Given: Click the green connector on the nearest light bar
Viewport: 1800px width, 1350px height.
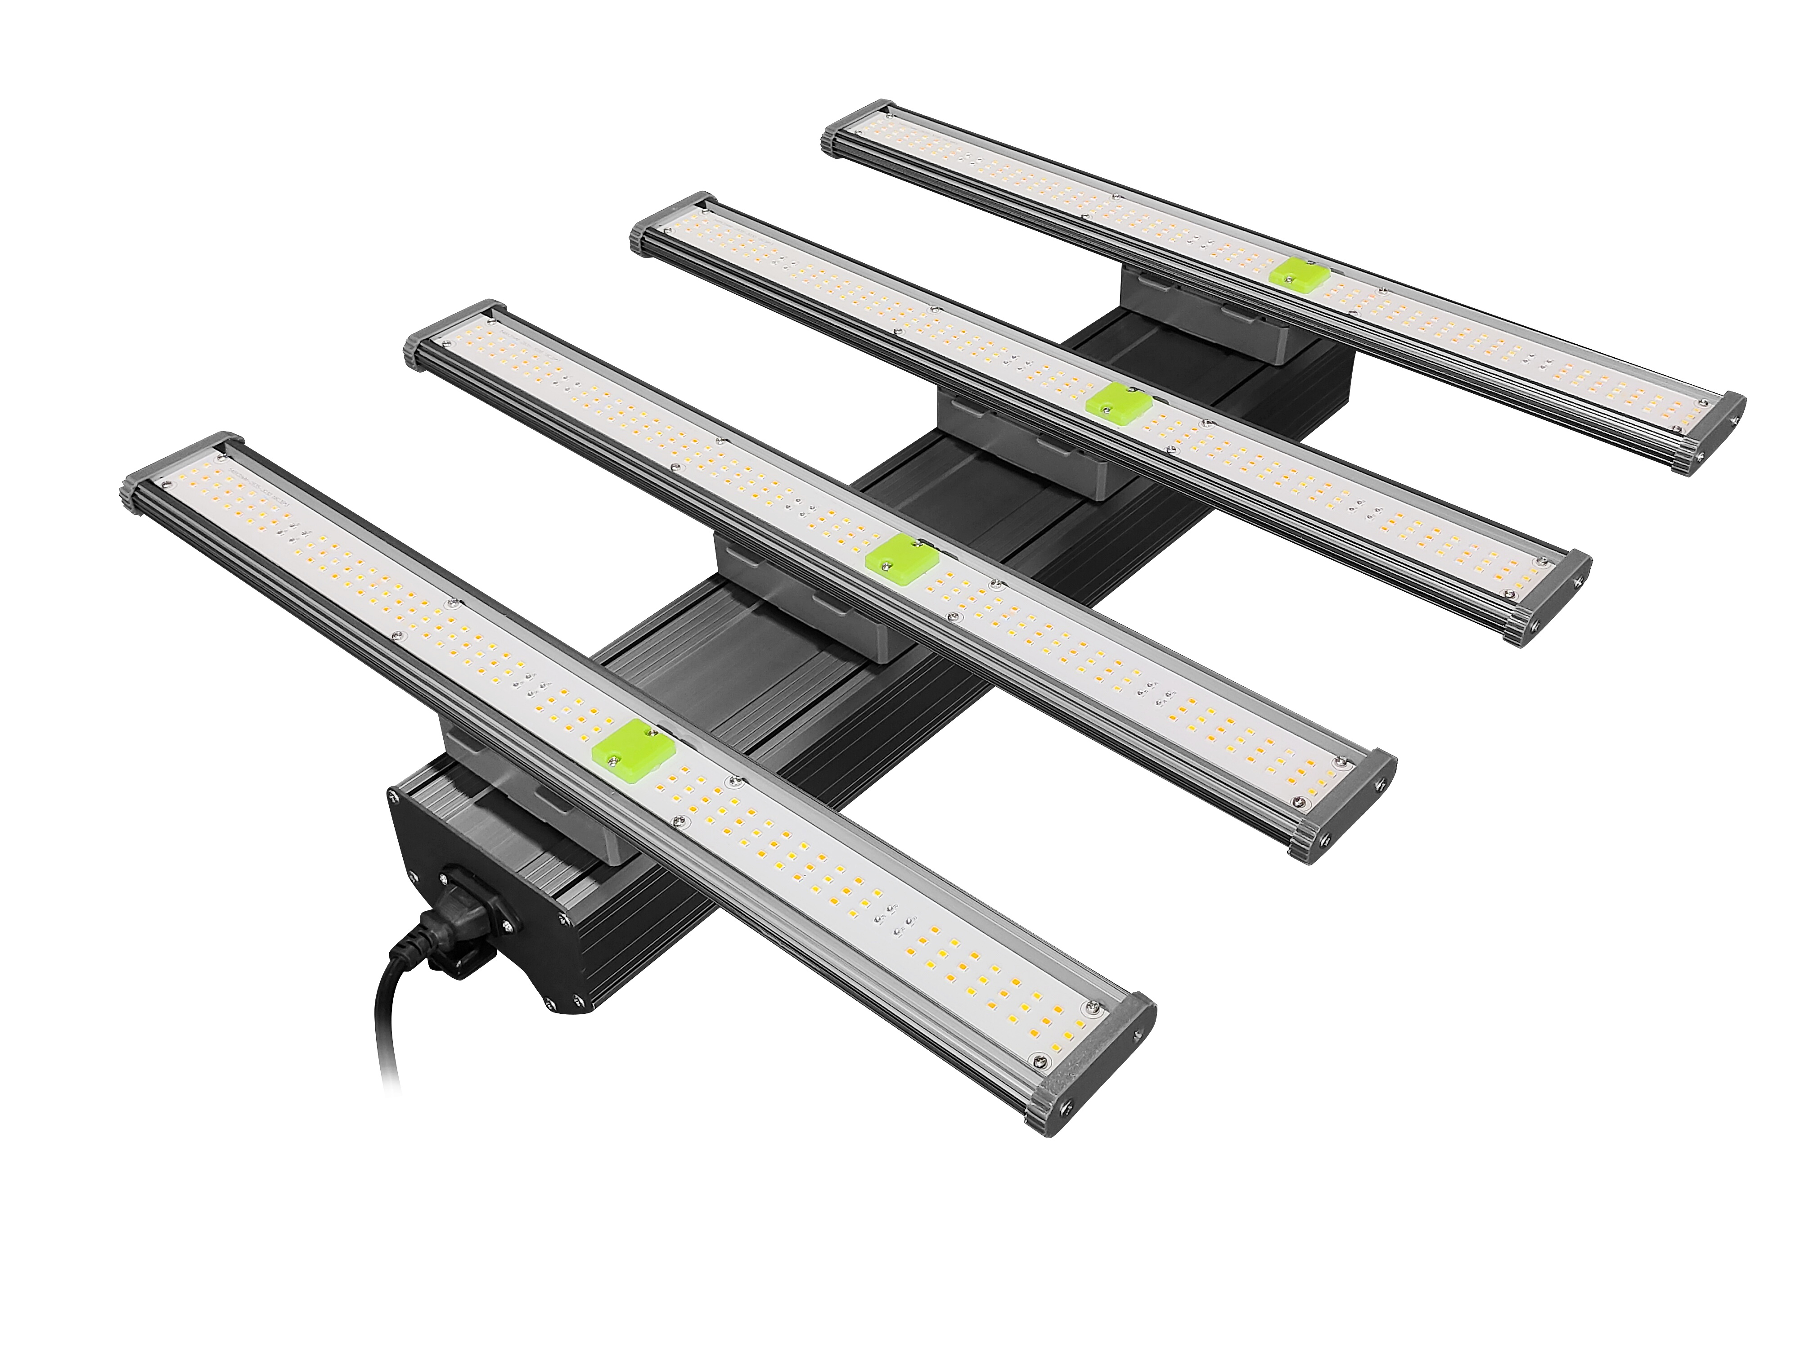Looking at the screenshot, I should click(x=634, y=746).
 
